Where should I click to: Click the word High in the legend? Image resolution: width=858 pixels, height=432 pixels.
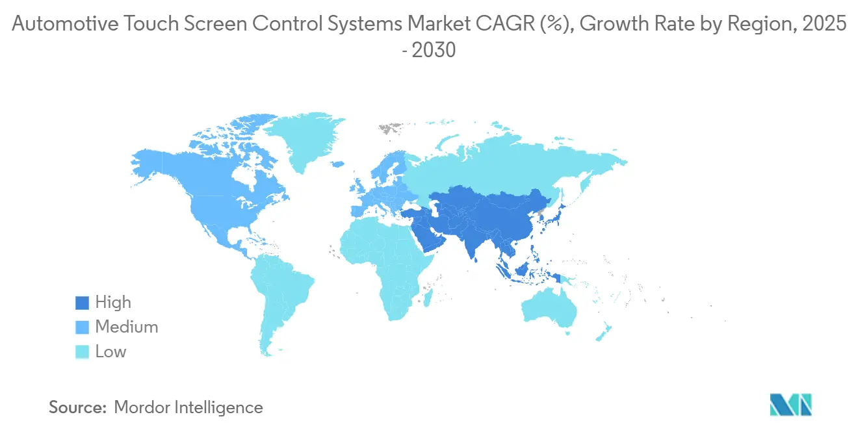[x=113, y=303]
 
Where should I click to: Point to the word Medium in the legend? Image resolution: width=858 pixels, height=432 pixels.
[x=126, y=327]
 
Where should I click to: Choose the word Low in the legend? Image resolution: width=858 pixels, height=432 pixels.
[x=110, y=352]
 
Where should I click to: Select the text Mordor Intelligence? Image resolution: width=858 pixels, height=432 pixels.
[x=188, y=407]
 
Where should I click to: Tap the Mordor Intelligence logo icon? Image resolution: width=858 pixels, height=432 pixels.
[x=790, y=404]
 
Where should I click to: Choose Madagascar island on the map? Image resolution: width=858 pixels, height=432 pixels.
[x=430, y=298]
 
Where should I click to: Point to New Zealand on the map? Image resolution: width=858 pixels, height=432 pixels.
[x=601, y=331]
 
